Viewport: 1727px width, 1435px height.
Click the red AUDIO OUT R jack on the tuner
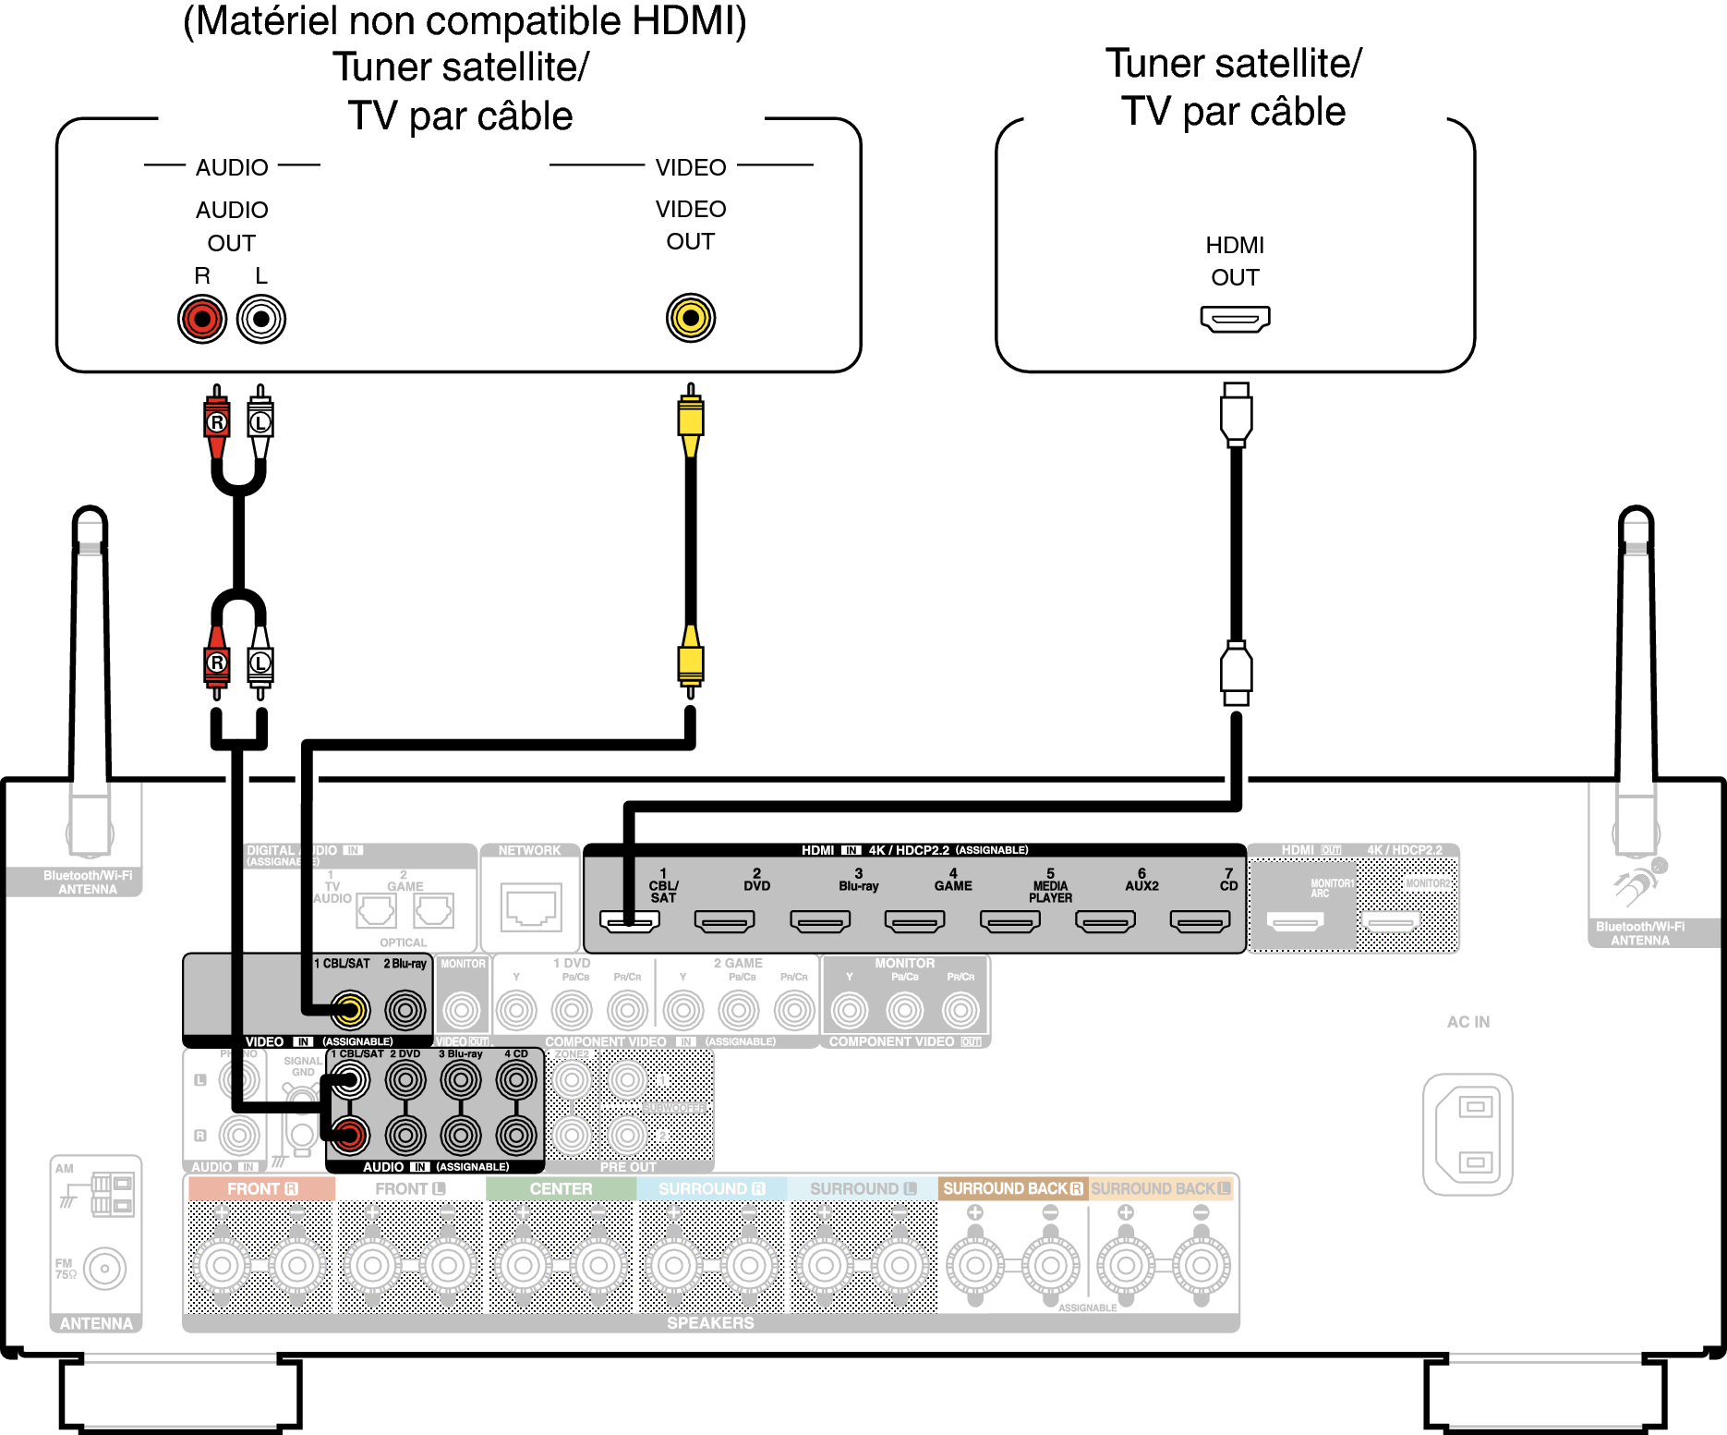click(x=202, y=319)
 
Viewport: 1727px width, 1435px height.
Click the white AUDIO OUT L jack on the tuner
click(x=261, y=319)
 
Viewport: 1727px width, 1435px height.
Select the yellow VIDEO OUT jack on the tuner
click(x=690, y=318)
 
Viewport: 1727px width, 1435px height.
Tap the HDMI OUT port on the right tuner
click(x=1235, y=319)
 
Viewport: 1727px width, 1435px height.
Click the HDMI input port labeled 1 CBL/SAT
click(x=630, y=921)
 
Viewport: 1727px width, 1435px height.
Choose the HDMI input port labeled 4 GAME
click(x=914, y=921)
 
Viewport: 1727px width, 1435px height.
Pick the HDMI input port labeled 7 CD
click(x=1200, y=921)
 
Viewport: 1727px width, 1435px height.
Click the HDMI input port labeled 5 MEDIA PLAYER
click(x=1009, y=921)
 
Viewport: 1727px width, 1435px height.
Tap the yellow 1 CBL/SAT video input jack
click(x=350, y=1010)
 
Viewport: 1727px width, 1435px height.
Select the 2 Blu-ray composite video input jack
click(x=405, y=1010)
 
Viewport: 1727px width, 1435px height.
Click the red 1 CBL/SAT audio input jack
click(x=350, y=1135)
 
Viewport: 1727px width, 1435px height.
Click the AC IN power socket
click(x=1467, y=1134)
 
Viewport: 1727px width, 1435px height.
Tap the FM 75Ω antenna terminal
click(x=104, y=1269)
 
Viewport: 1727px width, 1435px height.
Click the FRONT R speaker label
click(x=262, y=1189)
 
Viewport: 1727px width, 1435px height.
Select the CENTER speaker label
click(x=561, y=1189)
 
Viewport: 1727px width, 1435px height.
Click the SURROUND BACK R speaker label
click(x=1012, y=1189)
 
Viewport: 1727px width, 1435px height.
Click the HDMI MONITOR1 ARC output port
click(x=1295, y=921)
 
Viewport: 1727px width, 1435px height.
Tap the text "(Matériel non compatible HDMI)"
click(x=465, y=21)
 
